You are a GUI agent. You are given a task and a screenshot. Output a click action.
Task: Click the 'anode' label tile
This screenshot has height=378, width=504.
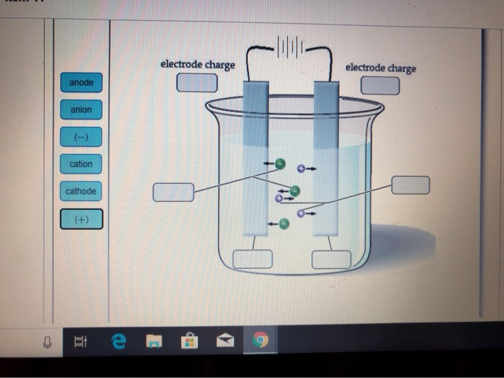pyautogui.click(x=81, y=83)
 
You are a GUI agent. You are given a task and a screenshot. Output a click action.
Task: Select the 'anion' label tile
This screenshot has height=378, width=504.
pyautogui.click(x=81, y=110)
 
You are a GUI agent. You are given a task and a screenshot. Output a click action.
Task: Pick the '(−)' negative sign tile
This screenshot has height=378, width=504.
pyautogui.click(x=81, y=137)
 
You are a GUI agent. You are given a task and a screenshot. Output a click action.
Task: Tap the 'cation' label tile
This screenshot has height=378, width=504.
pyautogui.click(x=81, y=164)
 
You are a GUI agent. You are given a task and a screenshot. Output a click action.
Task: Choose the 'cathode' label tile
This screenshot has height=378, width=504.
pyautogui.click(x=81, y=192)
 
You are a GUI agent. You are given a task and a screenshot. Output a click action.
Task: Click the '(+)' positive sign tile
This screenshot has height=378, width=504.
pyautogui.click(x=81, y=219)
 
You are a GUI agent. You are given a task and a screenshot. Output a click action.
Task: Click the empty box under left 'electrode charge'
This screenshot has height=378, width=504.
pyautogui.click(x=197, y=83)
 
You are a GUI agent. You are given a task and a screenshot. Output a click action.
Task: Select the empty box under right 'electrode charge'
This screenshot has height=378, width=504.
pyautogui.click(x=379, y=85)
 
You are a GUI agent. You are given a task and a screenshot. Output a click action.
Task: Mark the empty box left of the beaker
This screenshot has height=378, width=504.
pyautogui.click(x=174, y=192)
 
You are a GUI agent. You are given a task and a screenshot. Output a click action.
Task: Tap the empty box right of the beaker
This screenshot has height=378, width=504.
pyautogui.click(x=410, y=185)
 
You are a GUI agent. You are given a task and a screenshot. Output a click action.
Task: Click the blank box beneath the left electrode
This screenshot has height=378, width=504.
pyautogui.click(x=252, y=258)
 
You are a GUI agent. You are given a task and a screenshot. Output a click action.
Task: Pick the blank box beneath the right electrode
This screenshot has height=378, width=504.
pyautogui.click(x=331, y=259)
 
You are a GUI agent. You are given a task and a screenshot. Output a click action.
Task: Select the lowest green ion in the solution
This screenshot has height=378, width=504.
pyautogui.click(x=284, y=224)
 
